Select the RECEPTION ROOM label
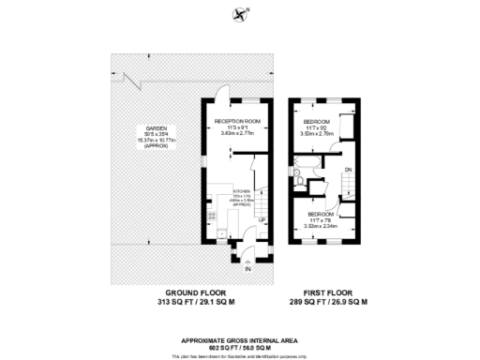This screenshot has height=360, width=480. click(x=236, y=122)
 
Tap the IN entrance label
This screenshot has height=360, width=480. click(x=247, y=269)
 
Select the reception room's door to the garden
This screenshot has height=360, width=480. click(x=219, y=93)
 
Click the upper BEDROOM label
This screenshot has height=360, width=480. click(x=322, y=122)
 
